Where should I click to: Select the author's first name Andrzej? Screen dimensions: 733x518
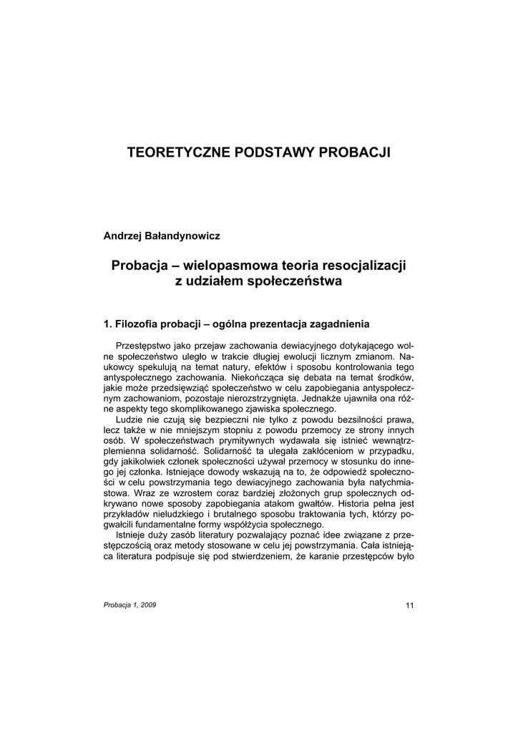(x=124, y=236)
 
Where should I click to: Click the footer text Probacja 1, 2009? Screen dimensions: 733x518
(x=130, y=605)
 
